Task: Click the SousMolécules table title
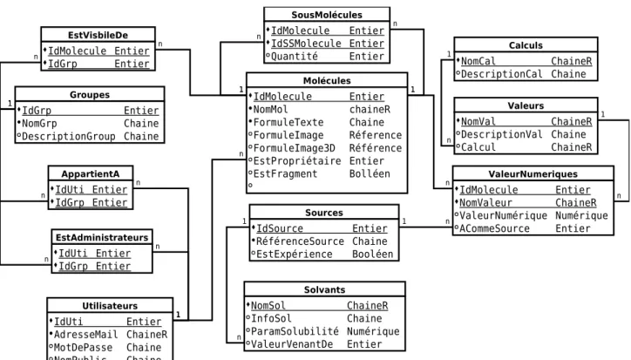(327, 15)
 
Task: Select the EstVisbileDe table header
(98, 35)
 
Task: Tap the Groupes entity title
(90, 95)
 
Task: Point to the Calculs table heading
(526, 45)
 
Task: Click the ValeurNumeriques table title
(533, 174)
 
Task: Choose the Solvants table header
(324, 289)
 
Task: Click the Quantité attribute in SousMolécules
(295, 57)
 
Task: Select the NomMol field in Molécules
(270, 110)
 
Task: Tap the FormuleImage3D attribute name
(295, 148)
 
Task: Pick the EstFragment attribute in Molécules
(285, 174)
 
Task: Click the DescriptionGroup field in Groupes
(68, 137)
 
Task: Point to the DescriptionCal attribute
(501, 74)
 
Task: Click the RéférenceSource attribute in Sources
(300, 241)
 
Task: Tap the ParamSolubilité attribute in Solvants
(295, 331)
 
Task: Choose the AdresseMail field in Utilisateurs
(85, 335)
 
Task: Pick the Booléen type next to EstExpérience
(373, 255)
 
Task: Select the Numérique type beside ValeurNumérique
(581, 216)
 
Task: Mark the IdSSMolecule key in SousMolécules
(306, 44)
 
